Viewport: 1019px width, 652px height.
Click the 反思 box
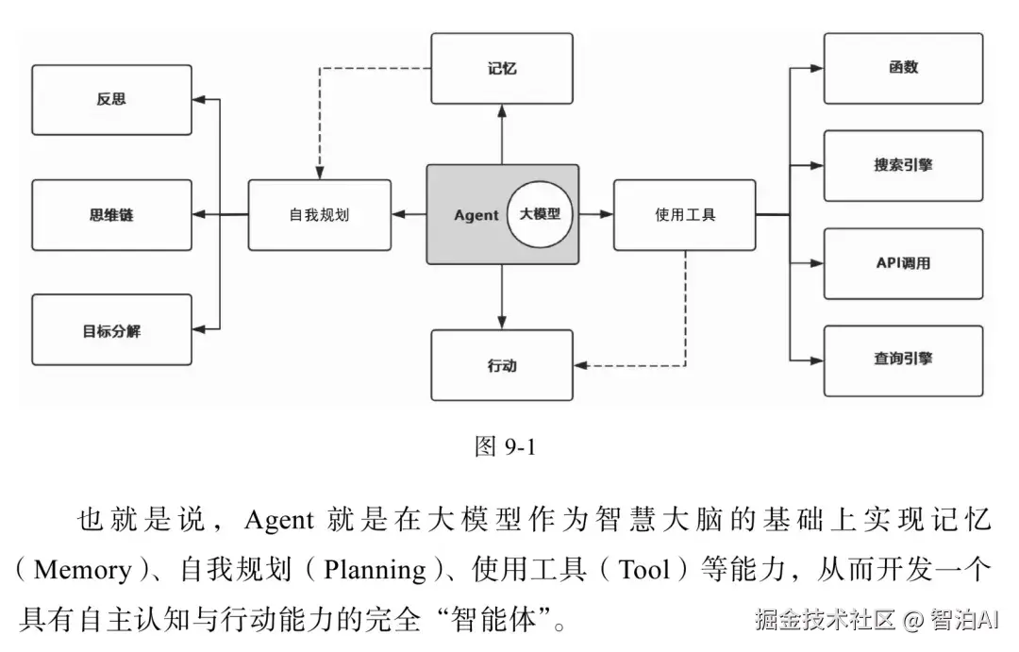[111, 99]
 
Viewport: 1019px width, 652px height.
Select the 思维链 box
[111, 215]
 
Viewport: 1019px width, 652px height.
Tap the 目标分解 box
[111, 331]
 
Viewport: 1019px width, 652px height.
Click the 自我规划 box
[319, 215]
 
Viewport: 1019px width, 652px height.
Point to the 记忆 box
[501, 69]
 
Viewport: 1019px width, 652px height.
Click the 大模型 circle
[540, 214]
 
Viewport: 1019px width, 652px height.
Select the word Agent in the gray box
[476, 215]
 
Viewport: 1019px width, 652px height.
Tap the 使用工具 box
[685, 215]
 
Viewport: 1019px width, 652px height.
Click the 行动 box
[501, 365]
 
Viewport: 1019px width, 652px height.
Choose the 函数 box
[903, 68]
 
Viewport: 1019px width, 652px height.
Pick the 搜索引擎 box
[903, 165]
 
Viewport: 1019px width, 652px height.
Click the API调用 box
[903, 262]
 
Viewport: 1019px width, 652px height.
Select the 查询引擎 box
[903, 359]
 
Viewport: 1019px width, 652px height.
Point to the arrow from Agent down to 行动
[502, 296]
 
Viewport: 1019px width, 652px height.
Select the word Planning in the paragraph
[375, 570]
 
